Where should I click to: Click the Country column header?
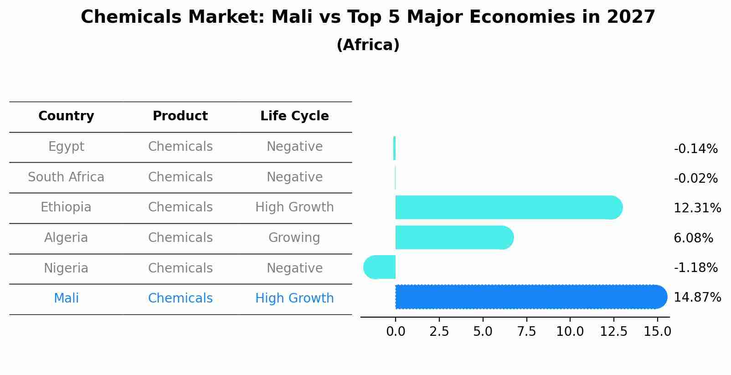click(66, 116)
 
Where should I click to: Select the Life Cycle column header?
click(294, 116)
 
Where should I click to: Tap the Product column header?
click(180, 116)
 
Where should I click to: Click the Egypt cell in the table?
click(66, 147)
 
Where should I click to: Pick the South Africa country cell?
click(66, 177)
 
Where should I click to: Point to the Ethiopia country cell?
click(66, 207)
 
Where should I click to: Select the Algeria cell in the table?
click(66, 238)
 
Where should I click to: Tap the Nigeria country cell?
click(66, 268)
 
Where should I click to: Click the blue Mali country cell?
click(66, 298)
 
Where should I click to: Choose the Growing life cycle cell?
click(294, 238)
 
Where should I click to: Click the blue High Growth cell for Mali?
click(294, 298)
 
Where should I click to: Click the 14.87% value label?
click(697, 298)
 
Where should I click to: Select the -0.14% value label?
click(695, 149)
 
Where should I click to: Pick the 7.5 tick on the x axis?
click(526, 332)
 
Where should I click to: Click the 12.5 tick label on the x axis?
click(613, 332)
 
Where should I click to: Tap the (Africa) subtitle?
click(368, 45)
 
